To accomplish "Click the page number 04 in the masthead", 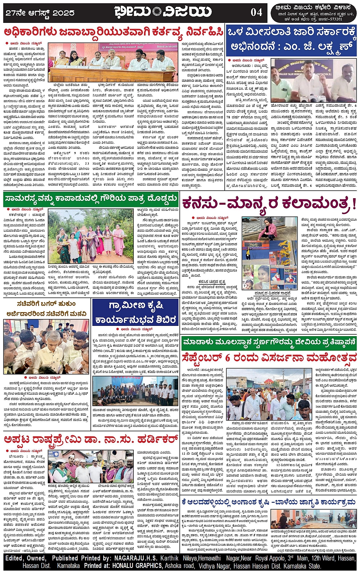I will [256, 12].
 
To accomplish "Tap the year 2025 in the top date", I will [63, 13].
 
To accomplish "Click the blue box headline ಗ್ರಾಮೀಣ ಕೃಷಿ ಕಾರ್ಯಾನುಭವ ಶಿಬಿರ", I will [135, 312].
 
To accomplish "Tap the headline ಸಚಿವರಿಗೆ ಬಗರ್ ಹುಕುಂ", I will [46, 304].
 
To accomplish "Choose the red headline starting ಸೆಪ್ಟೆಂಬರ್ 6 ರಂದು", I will [269, 358].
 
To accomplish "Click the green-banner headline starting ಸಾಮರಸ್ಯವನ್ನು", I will [91, 198].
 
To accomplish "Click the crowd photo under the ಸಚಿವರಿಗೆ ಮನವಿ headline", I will [46, 346].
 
